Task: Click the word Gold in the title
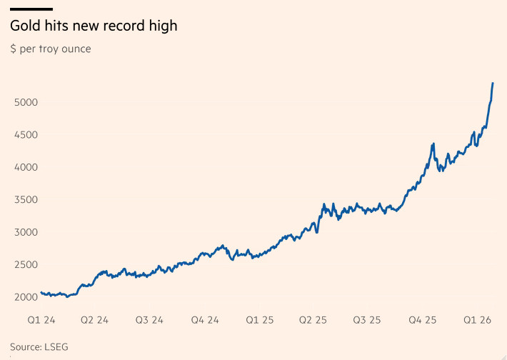24,26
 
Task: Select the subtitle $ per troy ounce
51,49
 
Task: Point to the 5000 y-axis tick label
26,102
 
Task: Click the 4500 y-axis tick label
26,135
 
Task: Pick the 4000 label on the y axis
26,167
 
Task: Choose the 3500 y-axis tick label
26,200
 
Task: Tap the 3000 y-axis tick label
26,232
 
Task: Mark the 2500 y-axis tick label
26,265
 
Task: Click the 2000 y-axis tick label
26,297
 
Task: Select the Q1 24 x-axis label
42,320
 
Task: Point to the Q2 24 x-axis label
94,320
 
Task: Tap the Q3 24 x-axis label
149,320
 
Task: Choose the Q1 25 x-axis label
258,320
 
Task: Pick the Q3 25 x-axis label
367,320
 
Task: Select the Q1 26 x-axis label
477,320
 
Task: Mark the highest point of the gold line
493,84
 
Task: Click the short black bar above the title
31,9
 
